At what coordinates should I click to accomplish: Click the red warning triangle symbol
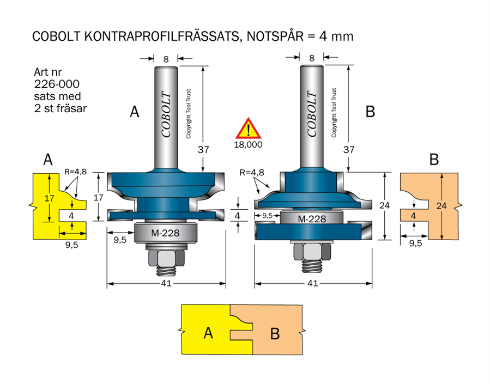[249, 129]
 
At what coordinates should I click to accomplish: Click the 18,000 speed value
[249, 145]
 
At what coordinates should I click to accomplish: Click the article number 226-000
[56, 84]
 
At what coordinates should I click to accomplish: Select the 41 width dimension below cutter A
[166, 284]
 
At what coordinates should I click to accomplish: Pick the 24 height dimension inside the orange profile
[442, 205]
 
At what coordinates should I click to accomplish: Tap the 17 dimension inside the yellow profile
[49, 198]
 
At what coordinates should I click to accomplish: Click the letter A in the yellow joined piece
[208, 333]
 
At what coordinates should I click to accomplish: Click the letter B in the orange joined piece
[275, 333]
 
